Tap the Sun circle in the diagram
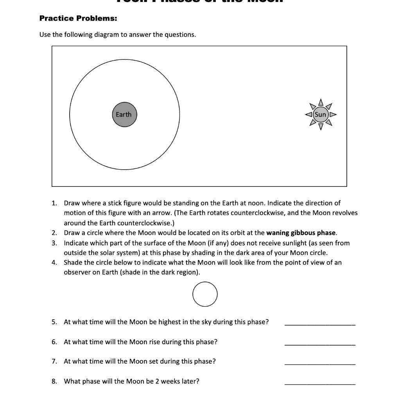click(320, 115)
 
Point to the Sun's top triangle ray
click(320, 103)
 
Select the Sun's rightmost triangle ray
click(333, 115)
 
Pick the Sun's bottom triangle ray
click(320, 126)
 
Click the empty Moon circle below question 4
click(205, 294)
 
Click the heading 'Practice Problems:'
click(78, 18)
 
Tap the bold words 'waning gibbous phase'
click(301, 233)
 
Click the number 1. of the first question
click(54, 203)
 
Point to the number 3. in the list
click(54, 243)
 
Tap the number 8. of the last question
click(54, 381)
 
